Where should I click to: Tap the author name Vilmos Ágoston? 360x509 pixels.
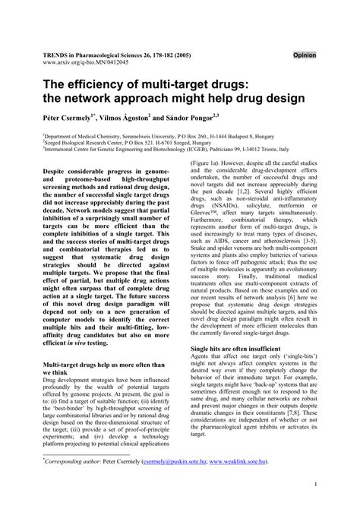125,120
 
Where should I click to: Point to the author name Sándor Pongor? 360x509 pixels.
189,120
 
